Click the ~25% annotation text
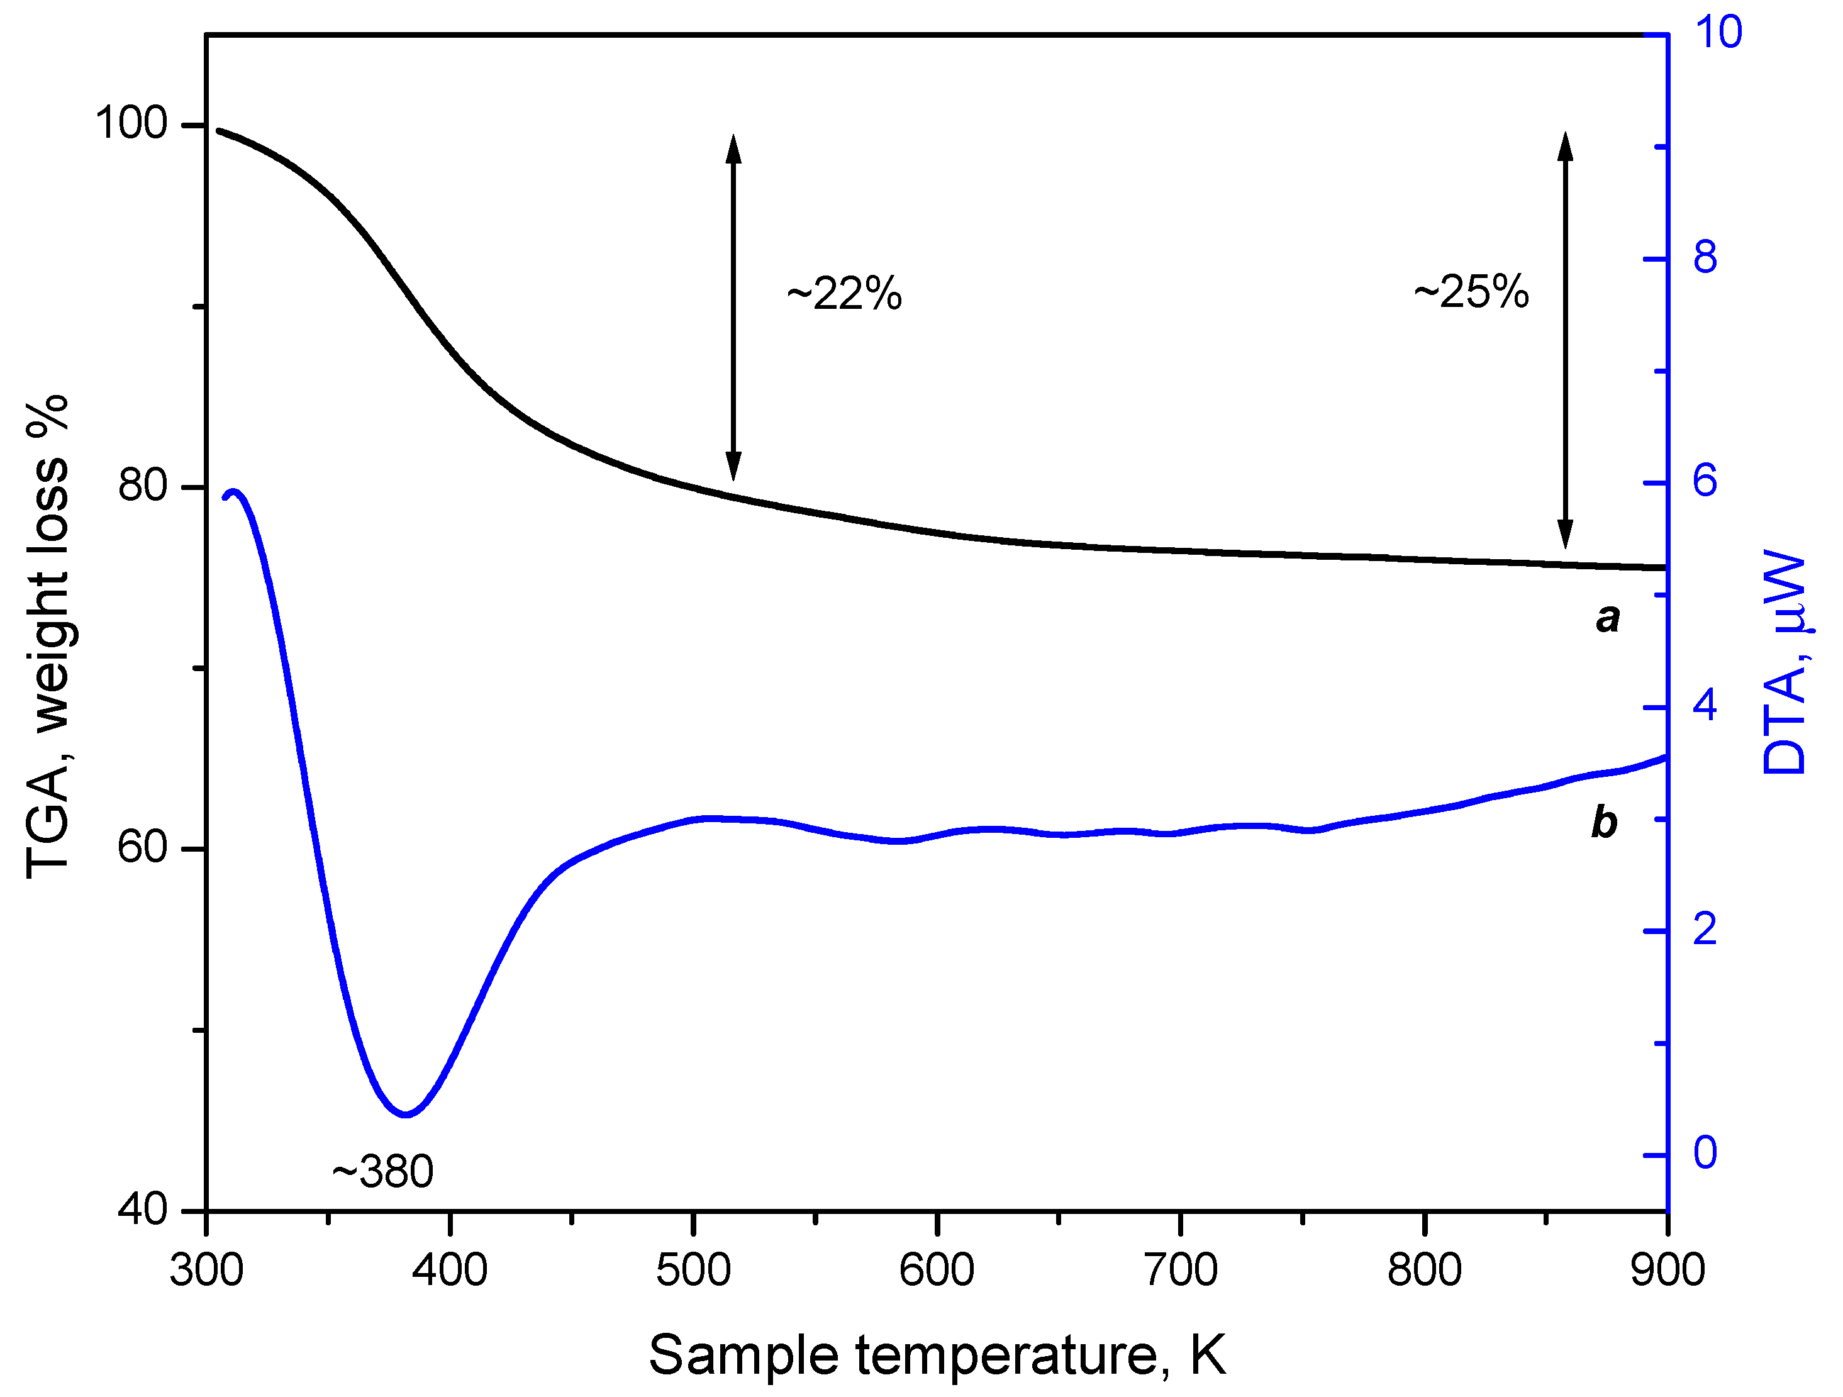1471,292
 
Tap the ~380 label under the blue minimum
382,1171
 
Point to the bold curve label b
1604,822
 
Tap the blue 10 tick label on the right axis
1718,33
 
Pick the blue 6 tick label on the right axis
1705,481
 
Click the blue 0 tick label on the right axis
1705,1154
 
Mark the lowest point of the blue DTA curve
406,1115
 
